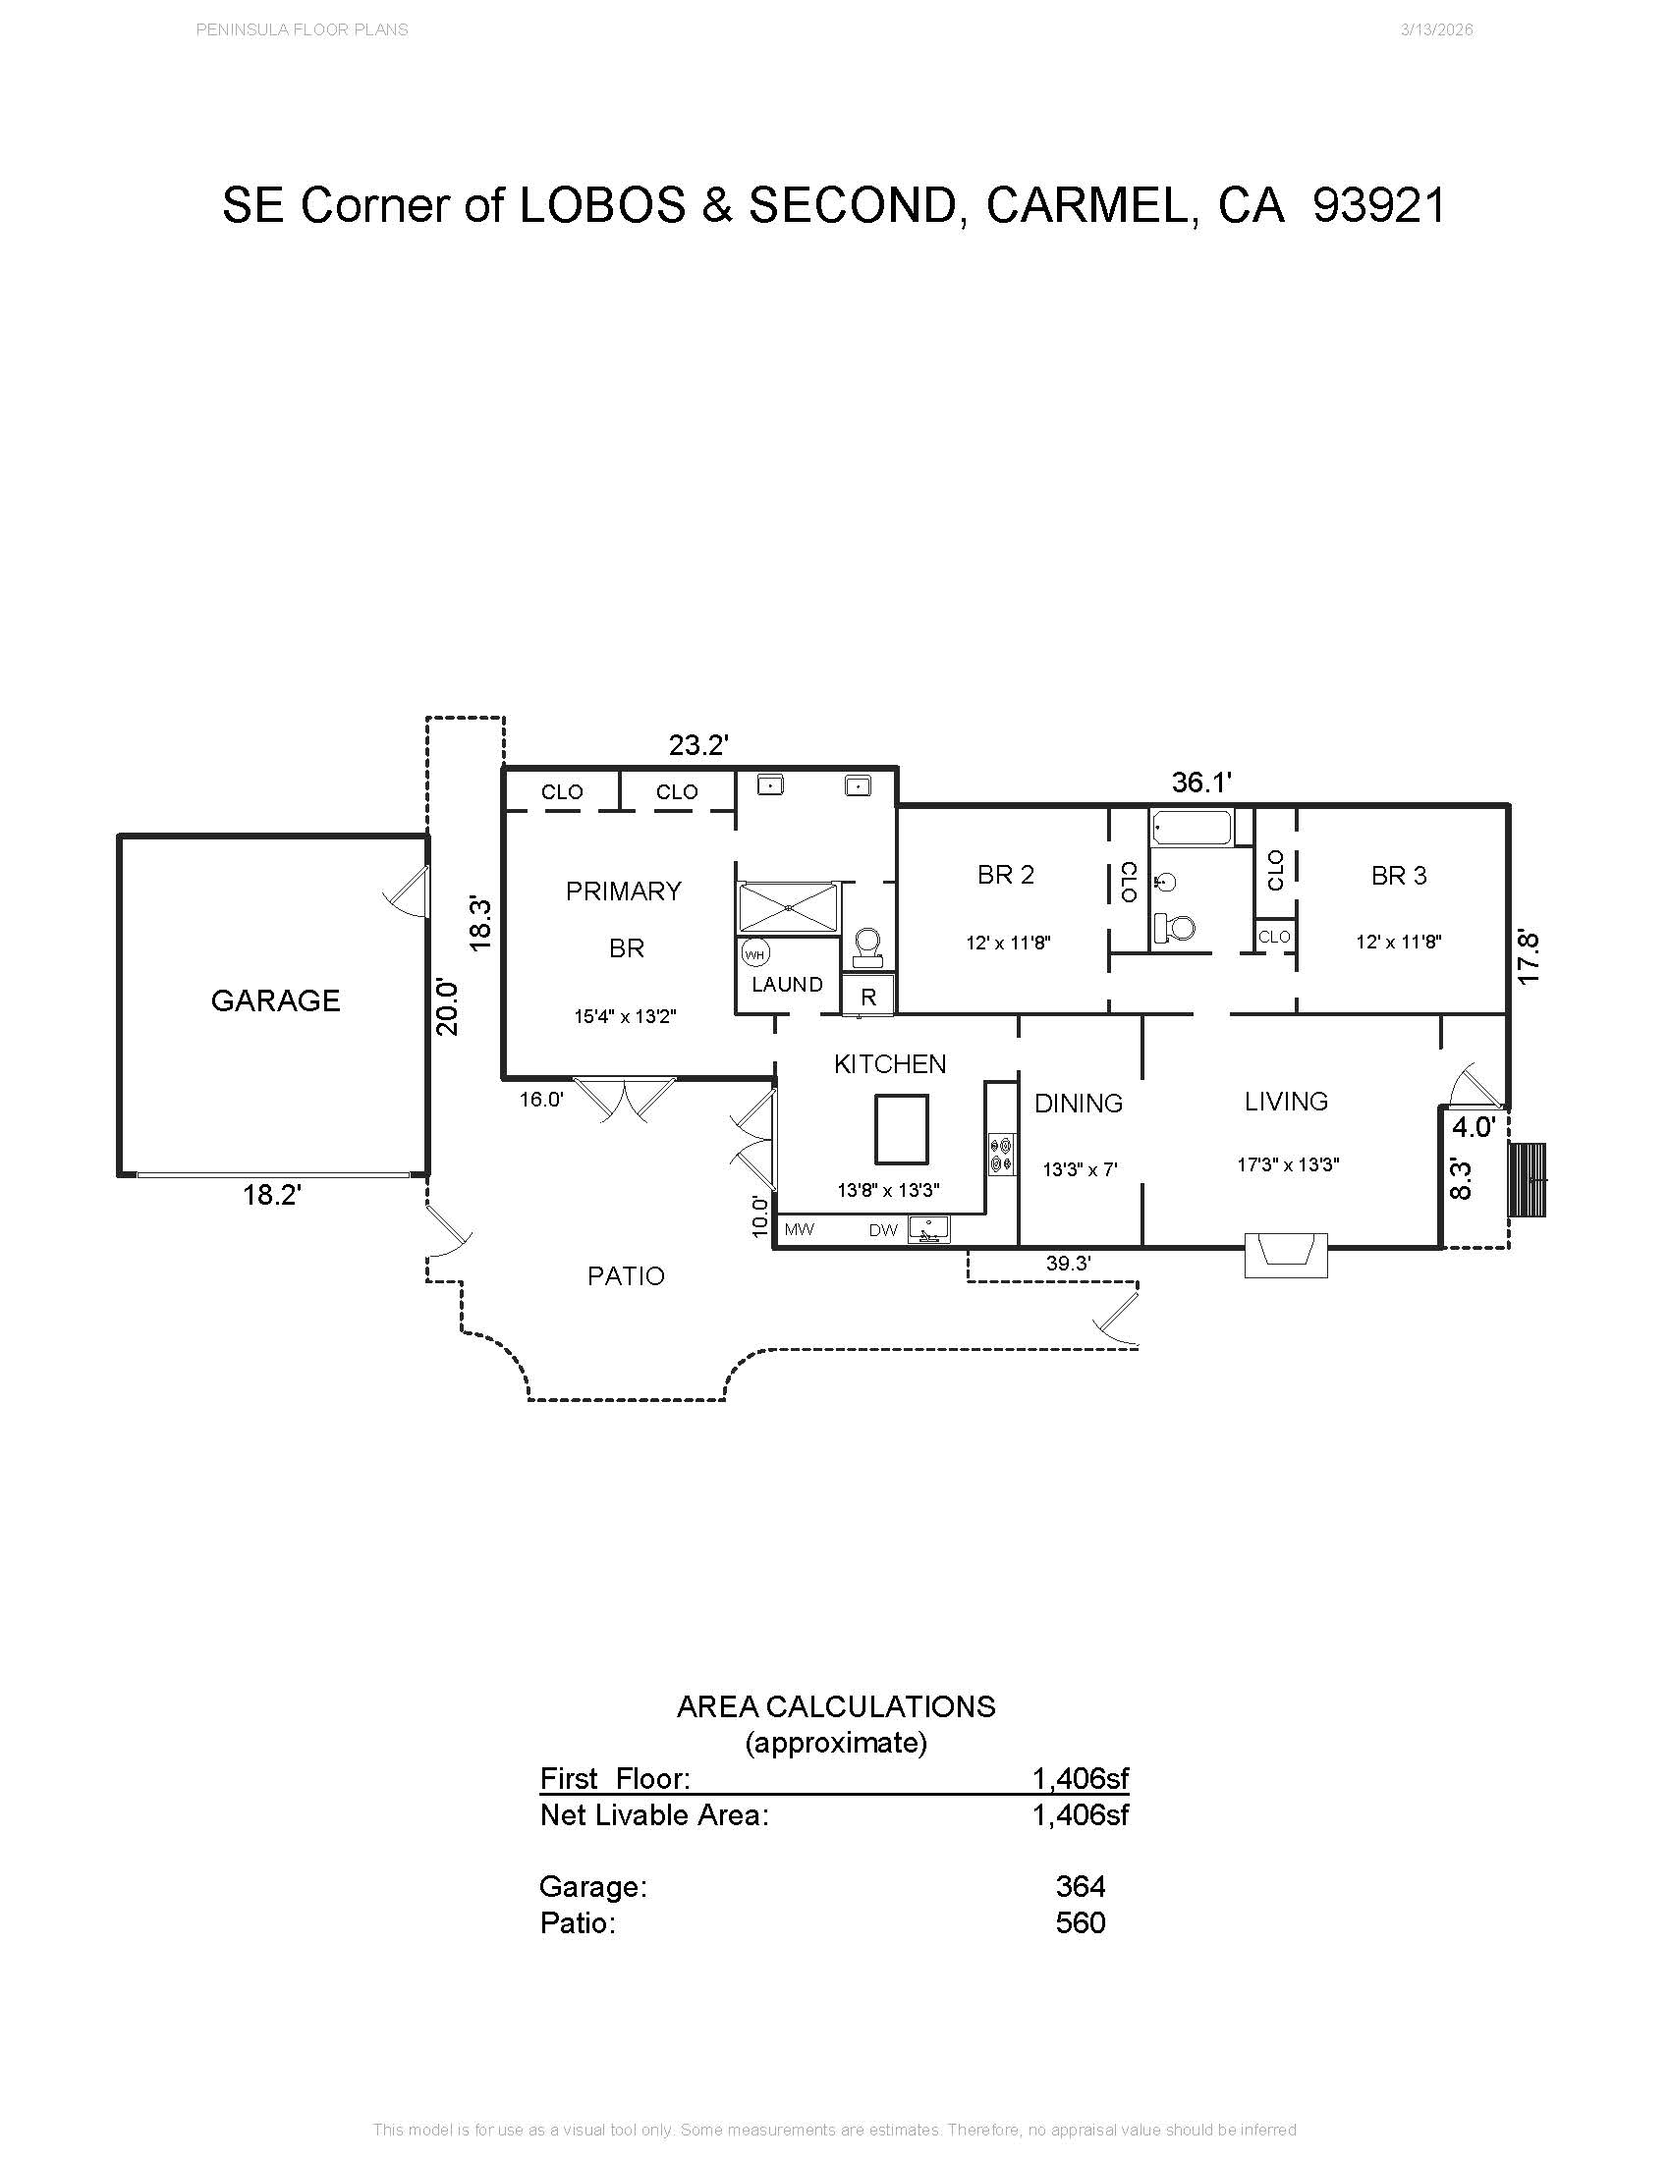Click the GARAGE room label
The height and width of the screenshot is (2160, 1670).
click(275, 1000)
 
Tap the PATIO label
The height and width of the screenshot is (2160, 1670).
click(625, 1275)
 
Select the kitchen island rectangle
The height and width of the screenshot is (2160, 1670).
click(901, 1129)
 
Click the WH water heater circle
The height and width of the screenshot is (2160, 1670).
click(754, 954)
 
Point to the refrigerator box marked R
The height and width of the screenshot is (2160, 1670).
click(868, 996)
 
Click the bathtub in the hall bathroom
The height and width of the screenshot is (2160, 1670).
click(1193, 828)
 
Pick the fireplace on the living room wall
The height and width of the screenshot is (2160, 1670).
click(1285, 1254)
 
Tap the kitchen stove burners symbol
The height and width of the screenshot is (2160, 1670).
click(1001, 1155)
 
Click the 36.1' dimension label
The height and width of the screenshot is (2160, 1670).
click(1201, 783)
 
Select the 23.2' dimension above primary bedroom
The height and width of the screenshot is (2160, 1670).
click(698, 745)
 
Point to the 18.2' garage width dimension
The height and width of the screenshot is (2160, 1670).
click(272, 1195)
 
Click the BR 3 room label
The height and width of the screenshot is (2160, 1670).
click(1399, 875)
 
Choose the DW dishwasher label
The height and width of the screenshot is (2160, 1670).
click(883, 1230)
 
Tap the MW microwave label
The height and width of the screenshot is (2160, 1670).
click(800, 1229)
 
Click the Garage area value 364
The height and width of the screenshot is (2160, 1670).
click(1081, 1886)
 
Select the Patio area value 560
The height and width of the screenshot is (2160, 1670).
click(1081, 1922)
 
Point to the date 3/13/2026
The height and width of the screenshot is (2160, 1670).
click(1436, 29)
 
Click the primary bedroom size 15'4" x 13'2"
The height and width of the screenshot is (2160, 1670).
click(625, 1016)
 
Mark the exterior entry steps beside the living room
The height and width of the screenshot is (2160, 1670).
click(1527, 1181)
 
